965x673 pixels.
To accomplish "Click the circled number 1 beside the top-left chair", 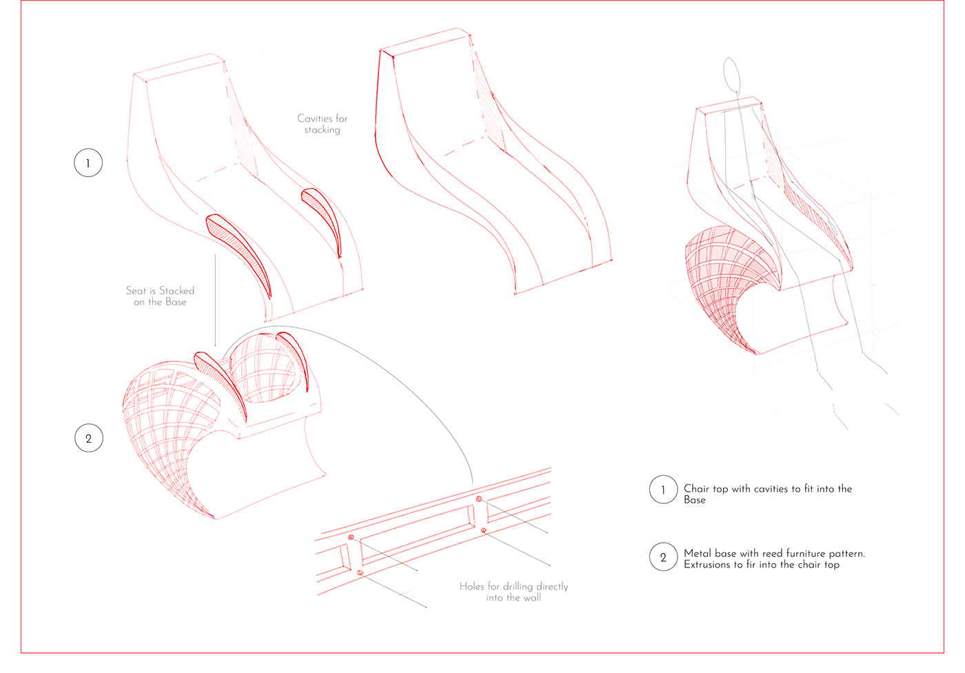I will (x=88, y=163).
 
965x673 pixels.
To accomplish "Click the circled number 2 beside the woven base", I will (x=88, y=439).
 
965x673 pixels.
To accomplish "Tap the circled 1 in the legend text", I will (x=663, y=490).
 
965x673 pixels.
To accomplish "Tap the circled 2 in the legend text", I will (x=663, y=558).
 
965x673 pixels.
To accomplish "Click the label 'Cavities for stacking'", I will (x=322, y=124).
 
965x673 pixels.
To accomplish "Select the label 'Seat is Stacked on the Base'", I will (x=160, y=296).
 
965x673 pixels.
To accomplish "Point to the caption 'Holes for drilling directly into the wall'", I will (x=514, y=592).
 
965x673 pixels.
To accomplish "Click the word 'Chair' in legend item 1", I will (x=696, y=489).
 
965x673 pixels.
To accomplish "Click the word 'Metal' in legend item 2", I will (x=698, y=553).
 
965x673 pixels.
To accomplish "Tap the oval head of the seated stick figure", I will (x=732, y=74).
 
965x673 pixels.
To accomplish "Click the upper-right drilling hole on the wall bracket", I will (x=478, y=499).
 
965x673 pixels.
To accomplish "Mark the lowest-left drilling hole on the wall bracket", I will (x=360, y=572).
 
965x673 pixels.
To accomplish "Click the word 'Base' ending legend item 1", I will (x=694, y=500).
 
